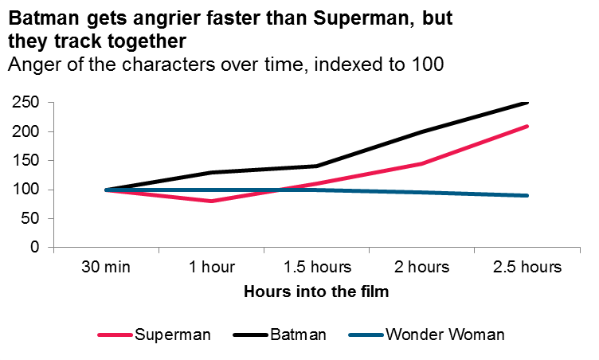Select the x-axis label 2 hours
(x=422, y=267)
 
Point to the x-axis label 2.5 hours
(x=527, y=267)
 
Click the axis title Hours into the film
(x=316, y=292)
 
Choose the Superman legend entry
(x=172, y=335)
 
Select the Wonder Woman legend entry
(x=444, y=335)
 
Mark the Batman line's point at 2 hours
(x=422, y=131)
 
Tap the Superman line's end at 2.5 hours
(x=527, y=126)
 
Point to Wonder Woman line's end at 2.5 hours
(x=527, y=195)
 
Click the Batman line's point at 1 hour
(x=211, y=172)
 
